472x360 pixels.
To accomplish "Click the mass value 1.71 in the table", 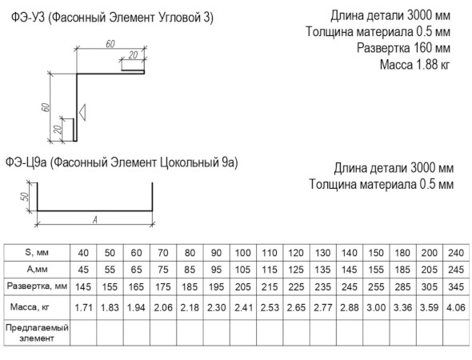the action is (x=83, y=308).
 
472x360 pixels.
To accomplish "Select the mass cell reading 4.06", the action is (x=456, y=308).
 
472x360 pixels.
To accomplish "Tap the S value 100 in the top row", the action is (x=243, y=253).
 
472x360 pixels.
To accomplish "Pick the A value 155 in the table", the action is (x=376, y=270).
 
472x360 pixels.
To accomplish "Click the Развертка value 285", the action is (x=402, y=287).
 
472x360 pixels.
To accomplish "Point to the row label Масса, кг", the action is (x=30, y=307).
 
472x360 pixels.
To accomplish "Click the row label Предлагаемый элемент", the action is (x=37, y=333).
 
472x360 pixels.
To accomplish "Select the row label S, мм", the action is (x=37, y=252).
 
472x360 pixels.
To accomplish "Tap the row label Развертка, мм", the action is (x=37, y=286).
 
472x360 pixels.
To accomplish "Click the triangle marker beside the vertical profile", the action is (x=82, y=112).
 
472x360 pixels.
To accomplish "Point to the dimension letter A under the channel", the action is (x=95, y=220).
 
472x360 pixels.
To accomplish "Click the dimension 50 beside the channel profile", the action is (x=26, y=197).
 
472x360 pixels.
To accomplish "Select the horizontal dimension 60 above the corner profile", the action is (x=110, y=44).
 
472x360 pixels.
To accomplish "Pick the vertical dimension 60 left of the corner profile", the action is (x=46, y=107).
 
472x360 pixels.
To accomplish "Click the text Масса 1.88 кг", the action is (x=415, y=65).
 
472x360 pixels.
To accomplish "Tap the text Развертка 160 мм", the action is (x=403, y=48).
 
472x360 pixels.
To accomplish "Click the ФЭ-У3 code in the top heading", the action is (x=28, y=18).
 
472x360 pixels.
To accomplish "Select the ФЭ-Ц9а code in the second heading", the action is (x=26, y=162).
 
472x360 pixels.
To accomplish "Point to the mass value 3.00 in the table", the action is (x=376, y=308).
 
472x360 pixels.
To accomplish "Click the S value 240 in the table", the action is (x=456, y=253).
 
